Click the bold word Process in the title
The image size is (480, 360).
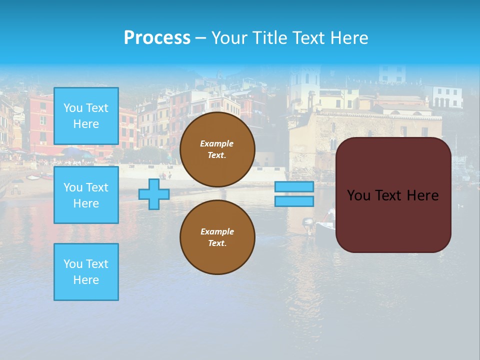[x=157, y=38]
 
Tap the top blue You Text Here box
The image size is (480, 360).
[x=86, y=116]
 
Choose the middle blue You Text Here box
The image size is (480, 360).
[x=86, y=195]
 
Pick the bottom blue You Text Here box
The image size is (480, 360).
[x=86, y=272]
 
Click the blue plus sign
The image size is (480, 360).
[x=154, y=194]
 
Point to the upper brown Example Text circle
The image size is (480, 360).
[x=217, y=149]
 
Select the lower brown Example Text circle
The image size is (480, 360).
[x=217, y=237]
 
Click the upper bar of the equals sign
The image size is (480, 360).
[x=294, y=187]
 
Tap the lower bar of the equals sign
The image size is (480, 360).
[x=294, y=201]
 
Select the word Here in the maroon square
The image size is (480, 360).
[x=423, y=195]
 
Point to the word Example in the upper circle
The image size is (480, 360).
[x=216, y=143]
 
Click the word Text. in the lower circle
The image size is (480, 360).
[x=217, y=243]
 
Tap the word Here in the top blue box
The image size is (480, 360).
[x=86, y=124]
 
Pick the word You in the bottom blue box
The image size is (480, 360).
[x=73, y=264]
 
